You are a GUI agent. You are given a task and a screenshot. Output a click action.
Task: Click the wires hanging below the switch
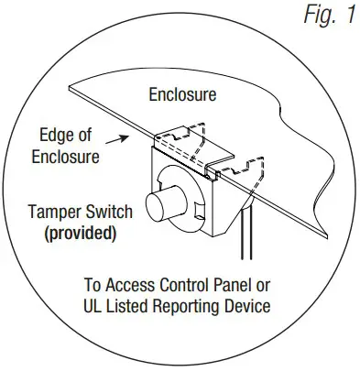pyautogui.click(x=243, y=247)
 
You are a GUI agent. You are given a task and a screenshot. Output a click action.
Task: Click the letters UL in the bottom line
pyautogui.click(x=99, y=305)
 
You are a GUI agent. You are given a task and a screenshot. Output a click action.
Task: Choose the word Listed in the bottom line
pyautogui.click(x=135, y=305)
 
